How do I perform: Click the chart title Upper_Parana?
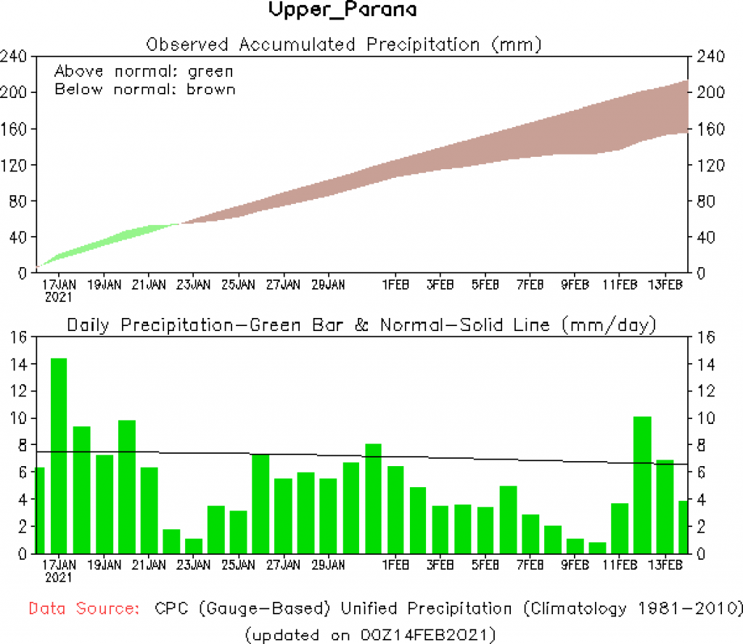tap(342, 11)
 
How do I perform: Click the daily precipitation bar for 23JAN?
tap(193, 545)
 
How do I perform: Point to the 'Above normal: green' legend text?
tap(144, 71)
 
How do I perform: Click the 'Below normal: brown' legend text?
tap(144, 89)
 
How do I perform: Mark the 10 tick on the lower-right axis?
tap(706, 418)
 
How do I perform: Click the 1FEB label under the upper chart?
tap(395, 285)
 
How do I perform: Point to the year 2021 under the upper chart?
tap(59, 297)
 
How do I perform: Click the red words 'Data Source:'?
tap(85, 608)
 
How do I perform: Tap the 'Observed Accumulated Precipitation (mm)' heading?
tap(344, 44)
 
